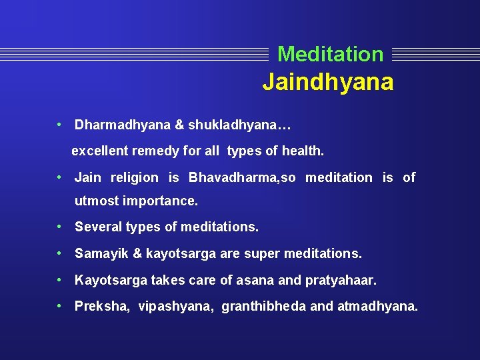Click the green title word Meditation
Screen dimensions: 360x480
tap(330, 54)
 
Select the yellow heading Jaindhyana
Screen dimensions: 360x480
tap(327, 83)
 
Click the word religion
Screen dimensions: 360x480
tap(134, 177)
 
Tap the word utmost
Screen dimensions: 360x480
tap(95, 200)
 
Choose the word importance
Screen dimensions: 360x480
tap(158, 200)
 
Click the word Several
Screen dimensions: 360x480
tap(96, 227)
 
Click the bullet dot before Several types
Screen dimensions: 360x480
tap(60, 227)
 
